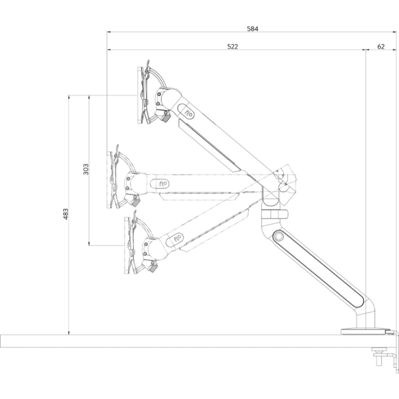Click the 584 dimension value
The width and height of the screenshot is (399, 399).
[x=253, y=29]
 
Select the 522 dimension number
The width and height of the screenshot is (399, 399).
[x=233, y=46]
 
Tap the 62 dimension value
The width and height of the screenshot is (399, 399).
[x=381, y=46]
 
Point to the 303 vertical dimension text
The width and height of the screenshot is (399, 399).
[x=86, y=170]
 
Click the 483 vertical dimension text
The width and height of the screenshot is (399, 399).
[x=66, y=214]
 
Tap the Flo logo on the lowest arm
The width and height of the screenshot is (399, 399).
[x=178, y=237]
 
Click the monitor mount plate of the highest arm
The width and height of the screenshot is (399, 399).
[x=142, y=95]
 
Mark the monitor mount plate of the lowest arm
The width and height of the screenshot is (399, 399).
[x=128, y=245]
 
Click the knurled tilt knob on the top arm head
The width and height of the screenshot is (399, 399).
[x=166, y=117]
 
